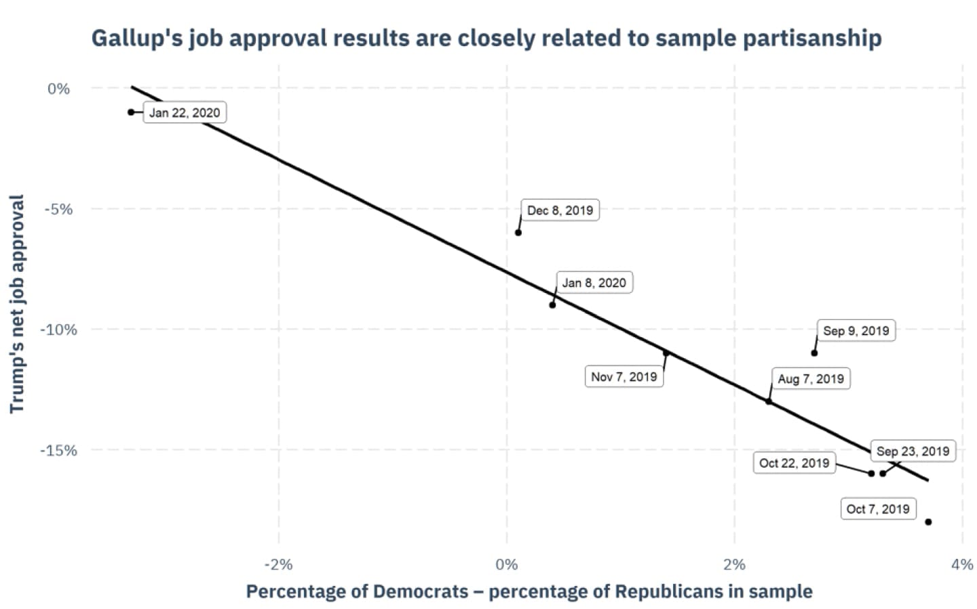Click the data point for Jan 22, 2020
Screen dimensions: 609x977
coord(131,112)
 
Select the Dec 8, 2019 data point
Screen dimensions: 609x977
coord(518,233)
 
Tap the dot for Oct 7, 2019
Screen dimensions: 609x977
coord(928,522)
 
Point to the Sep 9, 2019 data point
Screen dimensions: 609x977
coord(814,353)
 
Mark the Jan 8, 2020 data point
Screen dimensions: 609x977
coord(552,305)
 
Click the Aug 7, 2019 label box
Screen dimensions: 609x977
coord(811,378)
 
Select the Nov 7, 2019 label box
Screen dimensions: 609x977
coord(624,376)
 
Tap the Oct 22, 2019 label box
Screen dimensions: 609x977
coord(794,463)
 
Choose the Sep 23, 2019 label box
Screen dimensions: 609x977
coord(913,451)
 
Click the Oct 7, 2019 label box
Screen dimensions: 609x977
coord(878,509)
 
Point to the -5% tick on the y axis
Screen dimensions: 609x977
coord(58,209)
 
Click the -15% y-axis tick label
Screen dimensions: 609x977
coord(58,450)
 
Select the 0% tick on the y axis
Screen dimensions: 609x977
coord(58,89)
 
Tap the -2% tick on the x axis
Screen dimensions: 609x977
coord(278,564)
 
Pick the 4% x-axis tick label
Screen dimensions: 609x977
coord(962,564)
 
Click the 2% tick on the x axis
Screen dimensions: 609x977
coord(734,564)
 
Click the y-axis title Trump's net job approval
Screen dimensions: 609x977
coord(17,304)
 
